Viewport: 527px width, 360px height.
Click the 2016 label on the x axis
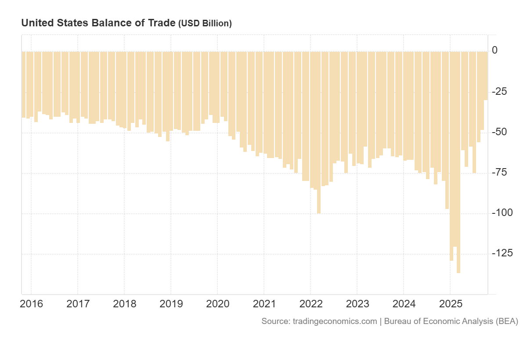pyautogui.click(x=32, y=304)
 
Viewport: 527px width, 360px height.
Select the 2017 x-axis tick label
pyautogui.click(x=78, y=304)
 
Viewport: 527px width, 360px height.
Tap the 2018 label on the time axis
pyautogui.click(x=124, y=304)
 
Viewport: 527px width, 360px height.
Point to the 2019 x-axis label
pyautogui.click(x=171, y=304)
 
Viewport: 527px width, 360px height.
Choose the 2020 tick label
pyautogui.click(x=217, y=304)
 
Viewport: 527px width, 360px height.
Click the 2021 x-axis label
pyautogui.click(x=264, y=304)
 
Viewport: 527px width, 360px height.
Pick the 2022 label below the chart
pyautogui.click(x=310, y=304)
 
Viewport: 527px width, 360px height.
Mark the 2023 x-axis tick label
pyautogui.click(x=357, y=304)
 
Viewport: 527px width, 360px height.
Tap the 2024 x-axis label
pyautogui.click(x=404, y=304)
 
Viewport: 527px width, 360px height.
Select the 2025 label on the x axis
pyautogui.click(x=450, y=304)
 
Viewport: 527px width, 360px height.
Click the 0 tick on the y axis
pyautogui.click(x=495, y=50)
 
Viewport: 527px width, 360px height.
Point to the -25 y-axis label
pyautogui.click(x=501, y=92)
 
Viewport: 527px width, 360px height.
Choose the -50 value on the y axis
pyautogui.click(x=501, y=132)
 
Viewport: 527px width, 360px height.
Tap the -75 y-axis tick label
pyautogui.click(x=501, y=173)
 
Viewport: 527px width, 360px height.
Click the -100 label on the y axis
pyautogui.click(x=502, y=213)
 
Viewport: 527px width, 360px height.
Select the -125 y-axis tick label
pyautogui.click(x=502, y=253)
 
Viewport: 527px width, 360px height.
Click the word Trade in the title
pyautogui.click(x=161, y=23)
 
